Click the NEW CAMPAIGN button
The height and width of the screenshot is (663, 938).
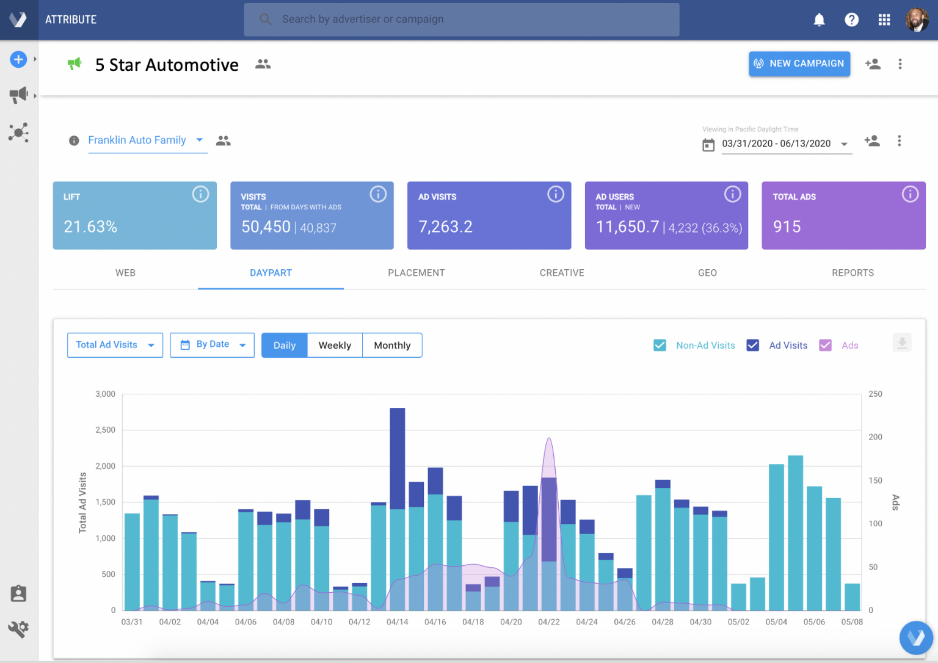(799, 63)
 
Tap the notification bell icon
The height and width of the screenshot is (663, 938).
(819, 20)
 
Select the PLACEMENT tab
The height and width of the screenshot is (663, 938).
(416, 273)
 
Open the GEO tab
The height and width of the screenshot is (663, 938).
(707, 273)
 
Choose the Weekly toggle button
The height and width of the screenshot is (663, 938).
(335, 346)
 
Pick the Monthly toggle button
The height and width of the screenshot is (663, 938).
(392, 346)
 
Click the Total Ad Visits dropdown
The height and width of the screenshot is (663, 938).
(115, 345)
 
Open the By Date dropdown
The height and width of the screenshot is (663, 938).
(212, 345)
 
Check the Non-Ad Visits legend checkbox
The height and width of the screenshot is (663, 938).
(660, 346)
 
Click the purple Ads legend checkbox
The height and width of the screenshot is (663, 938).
(825, 346)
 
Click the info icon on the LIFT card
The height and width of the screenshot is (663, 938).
(200, 194)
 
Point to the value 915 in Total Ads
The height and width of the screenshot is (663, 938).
(787, 227)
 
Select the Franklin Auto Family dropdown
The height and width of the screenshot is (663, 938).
(145, 140)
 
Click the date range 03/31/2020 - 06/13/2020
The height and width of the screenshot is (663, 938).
(776, 144)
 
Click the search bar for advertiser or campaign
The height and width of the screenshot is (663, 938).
(461, 20)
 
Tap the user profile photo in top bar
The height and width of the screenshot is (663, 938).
(916, 20)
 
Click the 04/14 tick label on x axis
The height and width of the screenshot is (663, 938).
(397, 622)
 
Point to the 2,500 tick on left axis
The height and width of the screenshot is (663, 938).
(105, 430)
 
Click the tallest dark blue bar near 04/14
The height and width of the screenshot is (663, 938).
(397, 458)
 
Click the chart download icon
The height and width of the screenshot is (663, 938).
(901, 342)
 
